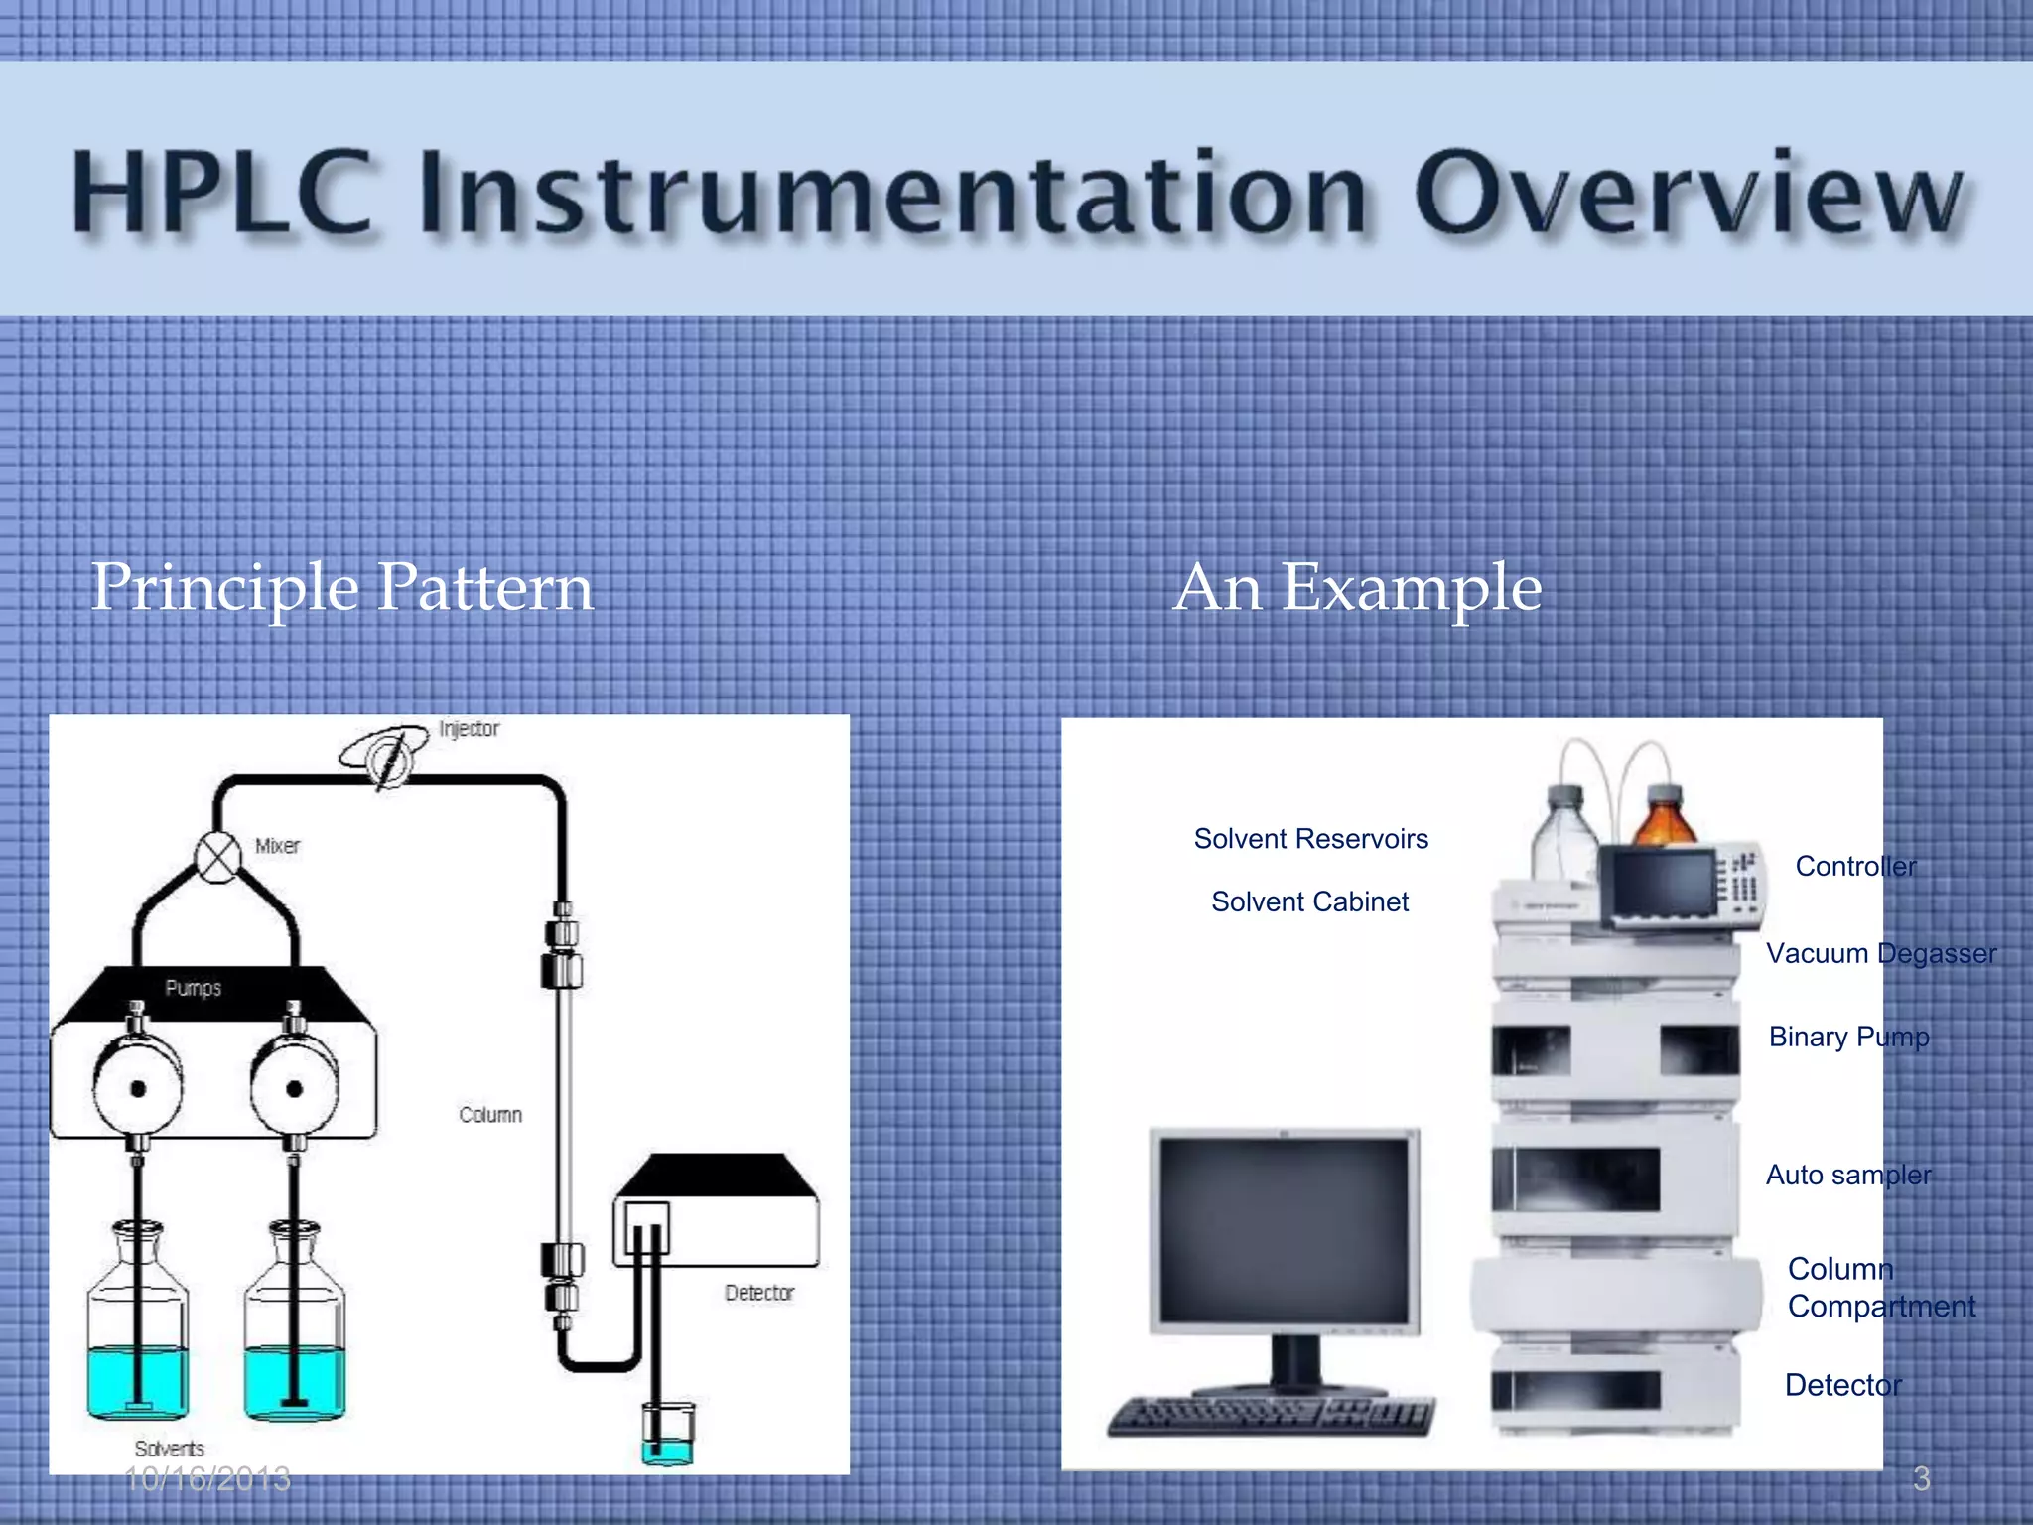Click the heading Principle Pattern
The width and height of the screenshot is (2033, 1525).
(341, 587)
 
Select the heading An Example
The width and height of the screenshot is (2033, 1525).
(1357, 587)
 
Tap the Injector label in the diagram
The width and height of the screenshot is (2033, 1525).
(469, 729)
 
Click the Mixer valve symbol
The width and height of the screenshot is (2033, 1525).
(218, 856)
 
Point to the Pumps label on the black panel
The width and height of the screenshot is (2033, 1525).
(193, 988)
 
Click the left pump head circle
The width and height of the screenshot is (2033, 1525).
(138, 1088)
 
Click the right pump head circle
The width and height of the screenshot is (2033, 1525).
(294, 1088)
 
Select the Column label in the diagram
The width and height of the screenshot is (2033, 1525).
(490, 1115)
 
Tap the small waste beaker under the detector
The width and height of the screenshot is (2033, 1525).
(668, 1435)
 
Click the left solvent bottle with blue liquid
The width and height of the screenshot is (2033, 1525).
(137, 1330)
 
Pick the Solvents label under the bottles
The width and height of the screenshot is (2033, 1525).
(170, 1449)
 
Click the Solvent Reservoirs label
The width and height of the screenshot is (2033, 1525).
(1310, 839)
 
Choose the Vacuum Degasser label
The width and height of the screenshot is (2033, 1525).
(1880, 953)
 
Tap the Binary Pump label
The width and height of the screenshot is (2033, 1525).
(1848, 1037)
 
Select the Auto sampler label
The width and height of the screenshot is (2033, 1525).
(1847, 1175)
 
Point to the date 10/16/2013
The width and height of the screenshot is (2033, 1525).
(207, 1479)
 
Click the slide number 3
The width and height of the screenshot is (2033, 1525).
(1921, 1479)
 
